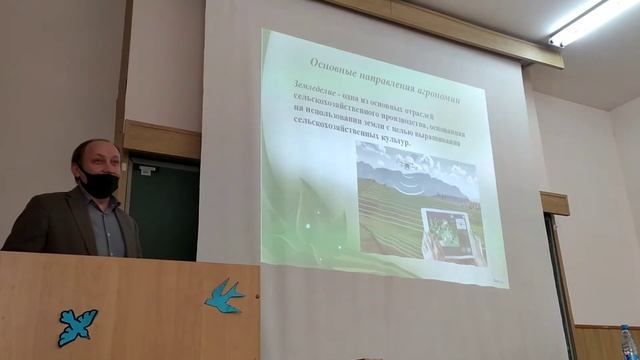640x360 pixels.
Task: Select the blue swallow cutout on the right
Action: point(224,295)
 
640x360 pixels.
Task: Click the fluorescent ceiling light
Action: point(591,21)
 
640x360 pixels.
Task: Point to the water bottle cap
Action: point(627,328)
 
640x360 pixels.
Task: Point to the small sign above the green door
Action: point(146,171)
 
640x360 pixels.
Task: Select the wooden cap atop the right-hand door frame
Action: point(555,203)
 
